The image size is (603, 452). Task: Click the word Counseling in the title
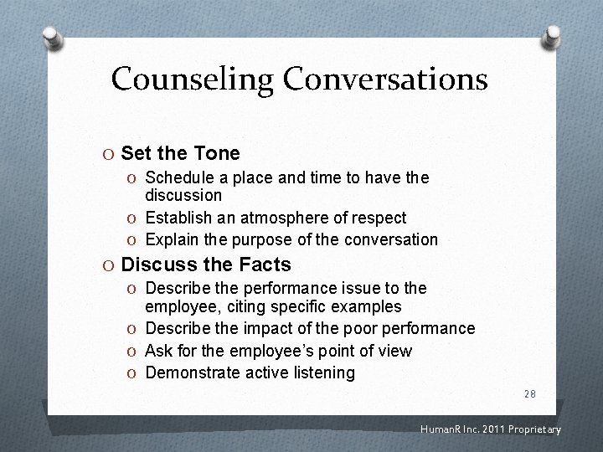pos(193,80)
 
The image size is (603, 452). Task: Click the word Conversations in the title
pos(384,80)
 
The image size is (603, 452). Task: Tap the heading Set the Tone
pos(180,153)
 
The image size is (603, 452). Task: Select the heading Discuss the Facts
pos(206,265)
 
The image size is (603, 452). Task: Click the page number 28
pos(529,393)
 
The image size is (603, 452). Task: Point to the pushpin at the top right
pos(552,36)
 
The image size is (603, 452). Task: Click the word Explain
pos(172,239)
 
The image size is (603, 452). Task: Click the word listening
pos(322,372)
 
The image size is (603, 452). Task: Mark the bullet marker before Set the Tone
pos(110,154)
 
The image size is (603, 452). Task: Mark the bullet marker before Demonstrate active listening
pos(134,373)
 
